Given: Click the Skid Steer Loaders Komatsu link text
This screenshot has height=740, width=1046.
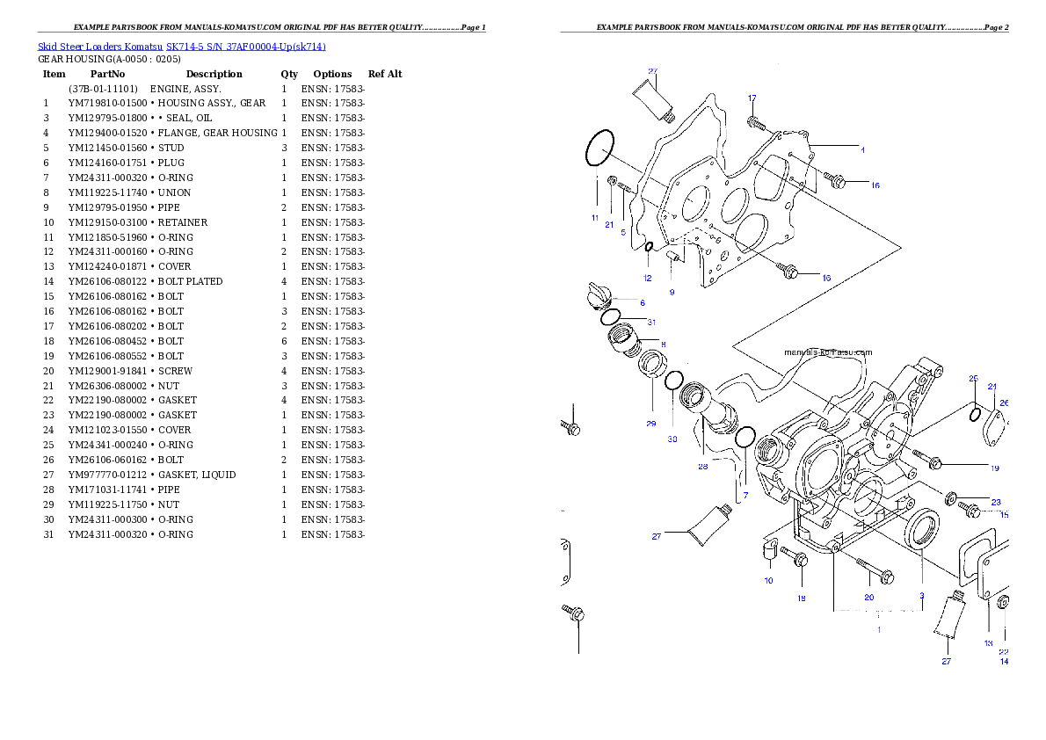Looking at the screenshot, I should pos(181,47).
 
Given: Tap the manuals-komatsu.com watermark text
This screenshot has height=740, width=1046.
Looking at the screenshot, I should pos(828,352).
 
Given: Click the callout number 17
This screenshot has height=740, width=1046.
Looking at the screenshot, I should pos(752,98).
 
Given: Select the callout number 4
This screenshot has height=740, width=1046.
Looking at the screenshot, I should pos(862,150).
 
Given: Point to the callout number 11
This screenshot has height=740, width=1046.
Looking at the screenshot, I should pos(595,217).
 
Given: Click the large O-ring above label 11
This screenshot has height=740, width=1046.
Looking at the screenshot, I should pos(599,149).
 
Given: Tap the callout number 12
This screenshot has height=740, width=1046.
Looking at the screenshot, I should pos(647,279).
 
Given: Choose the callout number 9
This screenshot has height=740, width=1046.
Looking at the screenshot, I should pos(672,292).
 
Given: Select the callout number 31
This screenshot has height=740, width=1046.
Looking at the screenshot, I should pos(651,323).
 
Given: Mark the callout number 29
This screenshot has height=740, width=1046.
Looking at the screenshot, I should pos(650,424).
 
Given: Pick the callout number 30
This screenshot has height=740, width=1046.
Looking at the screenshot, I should pos(672,439).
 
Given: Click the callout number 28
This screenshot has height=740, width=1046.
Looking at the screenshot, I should pos(702,467).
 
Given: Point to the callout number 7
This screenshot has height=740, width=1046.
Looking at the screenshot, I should pos(745,496).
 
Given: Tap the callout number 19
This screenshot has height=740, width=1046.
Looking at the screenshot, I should pos(994,468).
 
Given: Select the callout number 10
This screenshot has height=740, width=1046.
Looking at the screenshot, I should pos(768,581).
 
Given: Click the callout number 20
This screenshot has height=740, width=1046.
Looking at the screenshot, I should pos(868,597).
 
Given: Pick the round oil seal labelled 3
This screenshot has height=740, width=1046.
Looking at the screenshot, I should pos(923,530).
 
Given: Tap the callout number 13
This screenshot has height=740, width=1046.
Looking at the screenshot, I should pos(988,643).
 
